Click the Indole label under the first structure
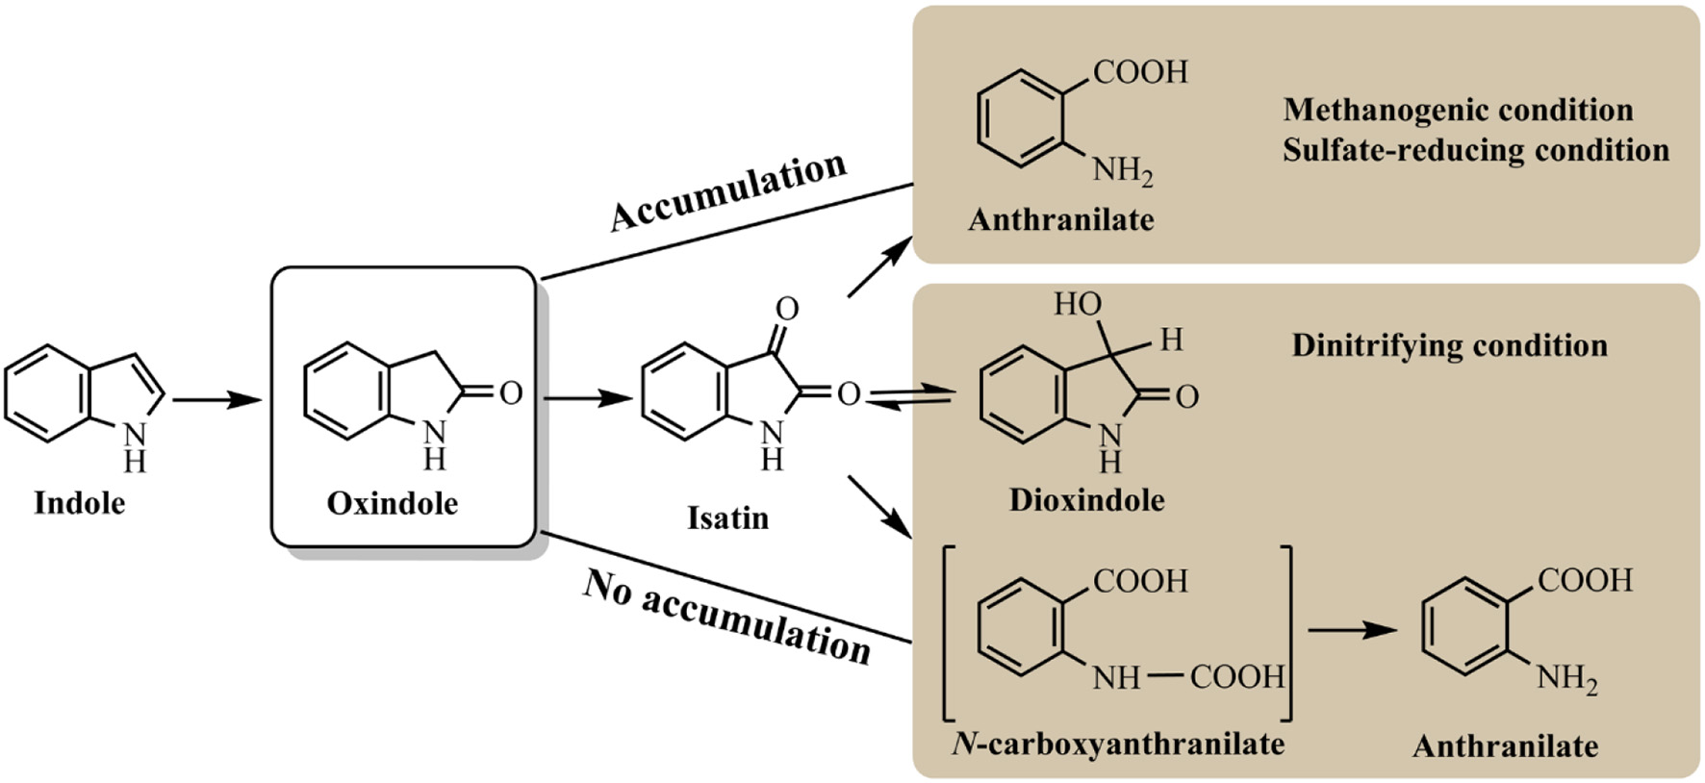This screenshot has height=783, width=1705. pos(79,503)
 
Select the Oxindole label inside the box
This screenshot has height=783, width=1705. pos(392,503)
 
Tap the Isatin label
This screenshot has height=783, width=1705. pos(727,518)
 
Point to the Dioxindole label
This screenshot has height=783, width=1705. pos(1086,500)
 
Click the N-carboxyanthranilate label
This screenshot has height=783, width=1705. pos(1117,744)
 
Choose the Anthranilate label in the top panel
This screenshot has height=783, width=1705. pos(1060,220)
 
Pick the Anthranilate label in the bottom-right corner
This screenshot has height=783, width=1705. pos(1505,746)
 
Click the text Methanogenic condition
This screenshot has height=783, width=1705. pos(1458,110)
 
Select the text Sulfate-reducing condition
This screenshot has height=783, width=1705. pos(1475,151)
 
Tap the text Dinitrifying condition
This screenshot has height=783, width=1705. pos(1449,345)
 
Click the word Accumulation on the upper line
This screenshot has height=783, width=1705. pos(728,191)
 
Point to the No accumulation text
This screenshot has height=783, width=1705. pos(726,617)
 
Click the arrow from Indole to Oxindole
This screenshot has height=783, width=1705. pos(217,399)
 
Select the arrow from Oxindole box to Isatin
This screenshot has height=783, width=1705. pos(587,397)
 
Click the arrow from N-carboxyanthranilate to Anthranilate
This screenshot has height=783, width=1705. pos(1352,630)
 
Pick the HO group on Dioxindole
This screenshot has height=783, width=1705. pos(1077,305)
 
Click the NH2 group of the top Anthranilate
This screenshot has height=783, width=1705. pos(1122,172)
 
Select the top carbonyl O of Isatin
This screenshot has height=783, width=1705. pos(787,309)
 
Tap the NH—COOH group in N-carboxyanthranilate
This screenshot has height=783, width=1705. pos(1187,677)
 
